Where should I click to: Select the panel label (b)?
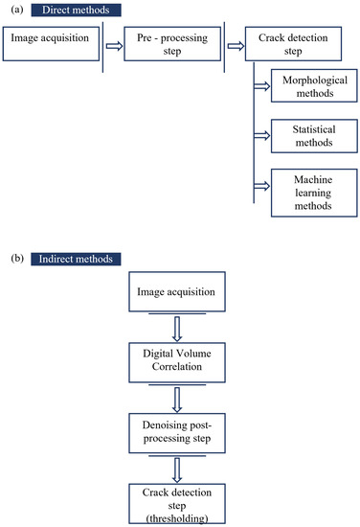pos(13,260)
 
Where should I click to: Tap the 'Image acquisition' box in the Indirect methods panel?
pos(182,291)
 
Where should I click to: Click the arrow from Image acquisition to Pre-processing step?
pos(114,43)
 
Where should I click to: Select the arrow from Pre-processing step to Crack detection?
pos(236,43)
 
